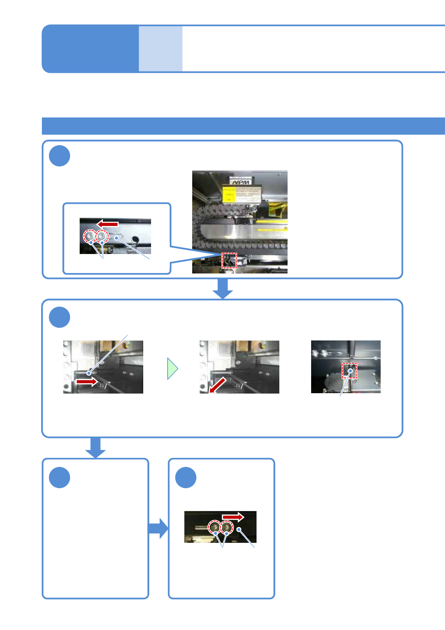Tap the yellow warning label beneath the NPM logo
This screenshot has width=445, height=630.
click(242, 195)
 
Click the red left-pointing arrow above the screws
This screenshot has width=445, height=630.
click(108, 224)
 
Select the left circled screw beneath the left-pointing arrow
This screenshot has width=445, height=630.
click(90, 236)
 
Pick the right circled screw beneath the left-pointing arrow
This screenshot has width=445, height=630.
click(102, 236)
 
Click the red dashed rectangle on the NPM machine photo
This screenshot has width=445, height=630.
click(229, 260)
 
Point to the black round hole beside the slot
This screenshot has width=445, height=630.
click(135, 239)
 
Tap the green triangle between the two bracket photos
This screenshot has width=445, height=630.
click(172, 368)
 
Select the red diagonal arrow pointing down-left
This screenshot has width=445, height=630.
click(218, 385)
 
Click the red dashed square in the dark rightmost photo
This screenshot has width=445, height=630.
click(350, 371)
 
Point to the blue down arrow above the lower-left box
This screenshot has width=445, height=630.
click(95, 447)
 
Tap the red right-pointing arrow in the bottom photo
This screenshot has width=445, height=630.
click(233, 517)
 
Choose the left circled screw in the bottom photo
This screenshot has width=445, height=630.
click(215, 527)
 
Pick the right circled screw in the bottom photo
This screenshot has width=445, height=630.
click(226, 527)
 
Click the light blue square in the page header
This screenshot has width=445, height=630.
click(160, 49)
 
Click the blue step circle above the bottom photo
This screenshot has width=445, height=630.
click(186, 477)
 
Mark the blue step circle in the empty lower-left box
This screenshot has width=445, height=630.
click(59, 477)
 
